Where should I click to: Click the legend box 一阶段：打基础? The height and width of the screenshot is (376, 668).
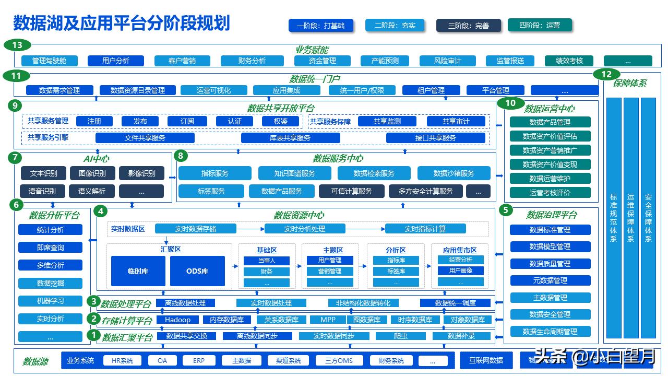(320, 25)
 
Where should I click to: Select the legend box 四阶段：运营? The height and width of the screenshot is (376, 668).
(540, 25)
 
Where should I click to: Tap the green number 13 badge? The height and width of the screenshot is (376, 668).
(17, 45)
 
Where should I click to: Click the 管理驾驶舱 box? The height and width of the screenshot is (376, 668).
(49, 61)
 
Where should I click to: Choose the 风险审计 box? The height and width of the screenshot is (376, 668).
(447, 61)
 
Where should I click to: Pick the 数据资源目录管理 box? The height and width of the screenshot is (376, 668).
(138, 90)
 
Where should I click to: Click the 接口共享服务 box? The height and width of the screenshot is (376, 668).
(435, 138)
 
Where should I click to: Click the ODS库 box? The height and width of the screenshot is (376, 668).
(197, 271)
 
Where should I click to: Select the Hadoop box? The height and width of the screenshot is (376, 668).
(177, 320)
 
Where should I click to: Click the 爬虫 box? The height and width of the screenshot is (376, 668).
(400, 336)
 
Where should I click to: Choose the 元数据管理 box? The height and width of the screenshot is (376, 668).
(550, 280)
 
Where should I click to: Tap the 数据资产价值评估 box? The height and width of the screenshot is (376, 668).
(550, 136)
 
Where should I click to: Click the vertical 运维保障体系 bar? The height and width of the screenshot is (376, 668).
(631, 218)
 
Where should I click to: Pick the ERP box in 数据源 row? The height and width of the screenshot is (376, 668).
(199, 360)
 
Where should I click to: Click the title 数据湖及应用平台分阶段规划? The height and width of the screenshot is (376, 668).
(121, 23)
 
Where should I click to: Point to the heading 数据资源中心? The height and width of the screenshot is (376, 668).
(299, 215)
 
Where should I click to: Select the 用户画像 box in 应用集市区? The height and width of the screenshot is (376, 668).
(460, 271)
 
